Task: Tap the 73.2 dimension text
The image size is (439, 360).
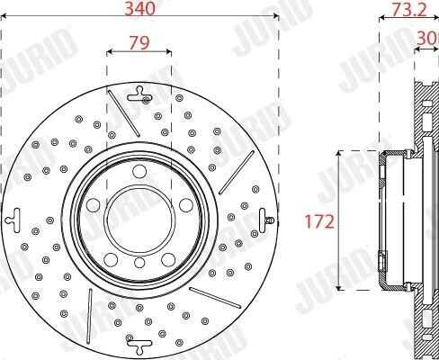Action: point(408,10)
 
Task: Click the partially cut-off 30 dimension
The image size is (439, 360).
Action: point(429,38)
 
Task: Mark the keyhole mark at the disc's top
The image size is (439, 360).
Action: point(139,91)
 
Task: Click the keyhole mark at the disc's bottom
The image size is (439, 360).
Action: point(139,344)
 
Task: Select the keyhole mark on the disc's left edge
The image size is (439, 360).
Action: point(13,218)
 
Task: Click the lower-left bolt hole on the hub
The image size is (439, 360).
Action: point(112,259)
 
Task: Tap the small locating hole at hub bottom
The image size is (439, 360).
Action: point(139,262)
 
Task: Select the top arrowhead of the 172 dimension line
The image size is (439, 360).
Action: point(338,154)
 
